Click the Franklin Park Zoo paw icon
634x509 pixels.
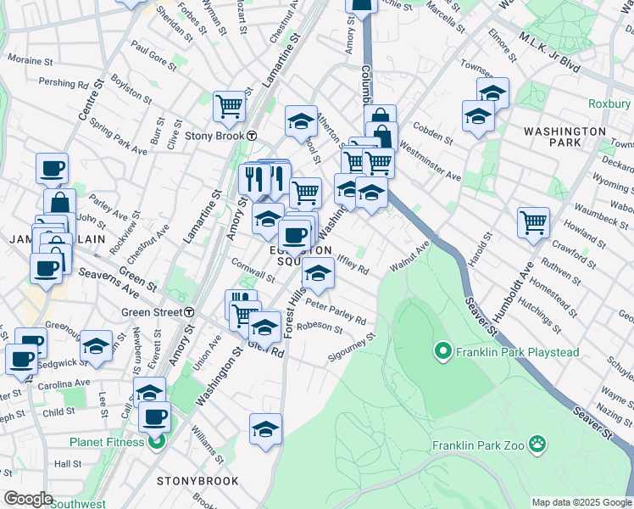point(536,443)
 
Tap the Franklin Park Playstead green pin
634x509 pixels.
point(442,350)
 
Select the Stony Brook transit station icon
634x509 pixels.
point(252,135)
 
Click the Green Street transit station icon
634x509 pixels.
point(189,311)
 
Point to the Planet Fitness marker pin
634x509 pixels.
point(155,440)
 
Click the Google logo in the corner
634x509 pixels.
point(28,499)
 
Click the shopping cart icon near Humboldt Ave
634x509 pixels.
point(533,223)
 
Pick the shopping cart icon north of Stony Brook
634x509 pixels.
point(228,106)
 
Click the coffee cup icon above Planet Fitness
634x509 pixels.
point(154,417)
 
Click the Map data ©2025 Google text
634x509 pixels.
point(581,502)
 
